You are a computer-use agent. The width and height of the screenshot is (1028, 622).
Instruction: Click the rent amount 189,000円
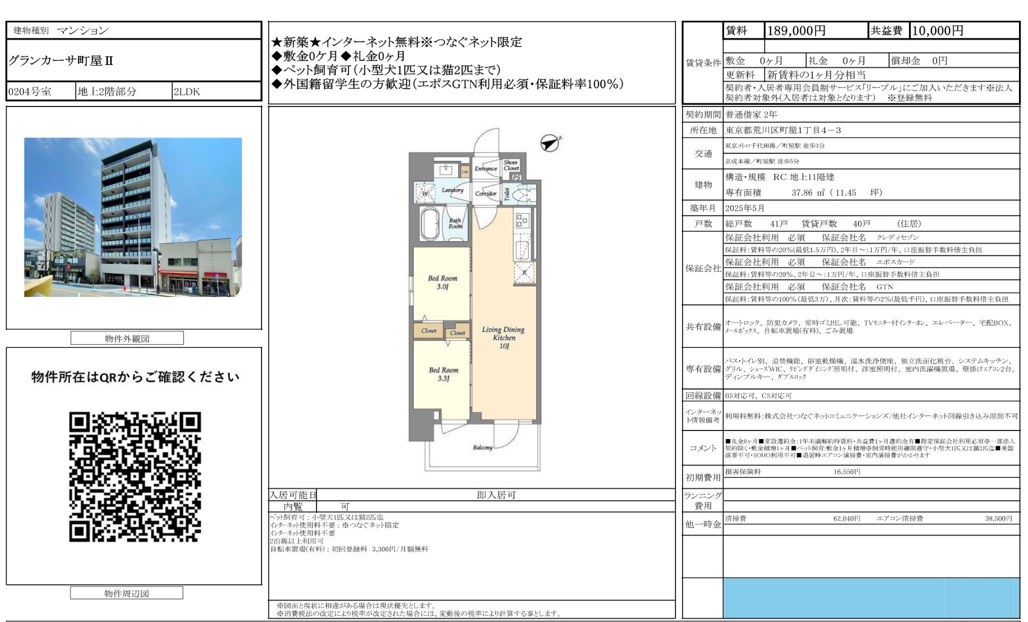(796, 31)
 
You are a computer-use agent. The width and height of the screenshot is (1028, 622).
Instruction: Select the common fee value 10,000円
(937, 31)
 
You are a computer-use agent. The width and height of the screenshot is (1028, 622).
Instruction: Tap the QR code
(135, 476)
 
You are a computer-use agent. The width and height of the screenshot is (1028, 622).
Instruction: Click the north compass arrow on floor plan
(550, 143)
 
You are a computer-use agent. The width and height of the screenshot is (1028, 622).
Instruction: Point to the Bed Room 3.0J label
(442, 282)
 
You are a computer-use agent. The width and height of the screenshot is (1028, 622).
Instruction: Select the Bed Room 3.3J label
(443, 374)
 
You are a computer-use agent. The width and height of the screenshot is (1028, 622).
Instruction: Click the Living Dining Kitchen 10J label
(503, 337)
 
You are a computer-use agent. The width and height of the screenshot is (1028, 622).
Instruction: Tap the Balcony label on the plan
(482, 447)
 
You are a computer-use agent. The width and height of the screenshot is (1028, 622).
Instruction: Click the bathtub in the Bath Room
(430, 224)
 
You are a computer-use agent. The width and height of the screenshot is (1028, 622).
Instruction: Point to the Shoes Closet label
(511, 165)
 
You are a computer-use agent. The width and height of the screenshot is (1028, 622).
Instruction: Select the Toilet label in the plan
(507, 194)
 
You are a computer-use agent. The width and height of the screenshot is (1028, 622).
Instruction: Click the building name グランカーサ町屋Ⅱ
(61, 61)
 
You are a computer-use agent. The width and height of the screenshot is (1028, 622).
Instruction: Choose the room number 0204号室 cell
(30, 92)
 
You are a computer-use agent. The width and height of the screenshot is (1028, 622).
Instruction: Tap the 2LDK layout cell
(187, 92)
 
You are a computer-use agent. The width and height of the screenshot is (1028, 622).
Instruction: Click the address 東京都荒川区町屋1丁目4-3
(783, 130)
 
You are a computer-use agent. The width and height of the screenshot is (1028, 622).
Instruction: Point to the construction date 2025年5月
(745, 208)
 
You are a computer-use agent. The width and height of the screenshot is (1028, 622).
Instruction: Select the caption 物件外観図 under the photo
(127, 338)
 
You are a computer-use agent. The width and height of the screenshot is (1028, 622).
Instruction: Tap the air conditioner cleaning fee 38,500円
(998, 519)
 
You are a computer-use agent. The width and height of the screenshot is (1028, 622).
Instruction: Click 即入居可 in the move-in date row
(496, 495)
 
